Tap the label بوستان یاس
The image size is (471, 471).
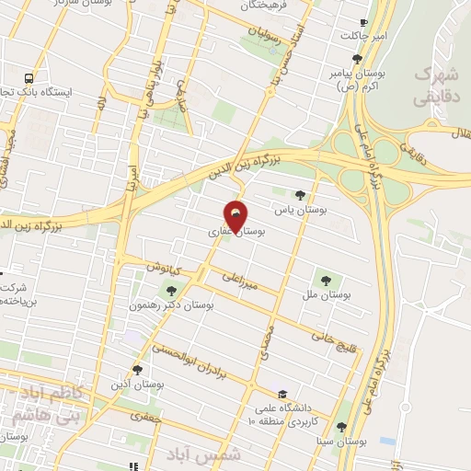[x=307, y=210]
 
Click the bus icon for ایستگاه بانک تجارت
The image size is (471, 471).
[x=29, y=79]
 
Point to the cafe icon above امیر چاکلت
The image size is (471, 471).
[x=365, y=21]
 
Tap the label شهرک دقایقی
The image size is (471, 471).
[x=434, y=84]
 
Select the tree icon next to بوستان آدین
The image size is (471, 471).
[x=137, y=370]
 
